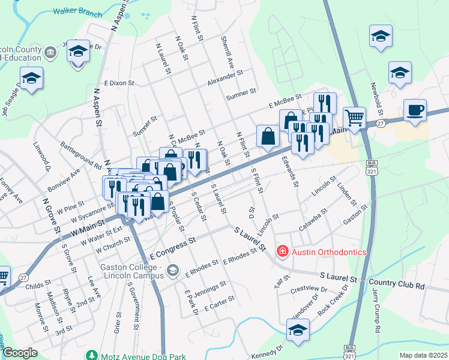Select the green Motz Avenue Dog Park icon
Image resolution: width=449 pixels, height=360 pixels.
91,355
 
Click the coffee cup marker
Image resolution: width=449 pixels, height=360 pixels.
415,110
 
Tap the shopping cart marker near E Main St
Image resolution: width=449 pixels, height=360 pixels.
354,118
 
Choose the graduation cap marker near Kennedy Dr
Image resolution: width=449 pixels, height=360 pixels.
298,330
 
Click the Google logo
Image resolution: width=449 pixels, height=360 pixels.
20,353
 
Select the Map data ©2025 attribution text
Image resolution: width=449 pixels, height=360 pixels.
423,355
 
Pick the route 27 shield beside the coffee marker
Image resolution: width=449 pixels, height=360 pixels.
381,123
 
